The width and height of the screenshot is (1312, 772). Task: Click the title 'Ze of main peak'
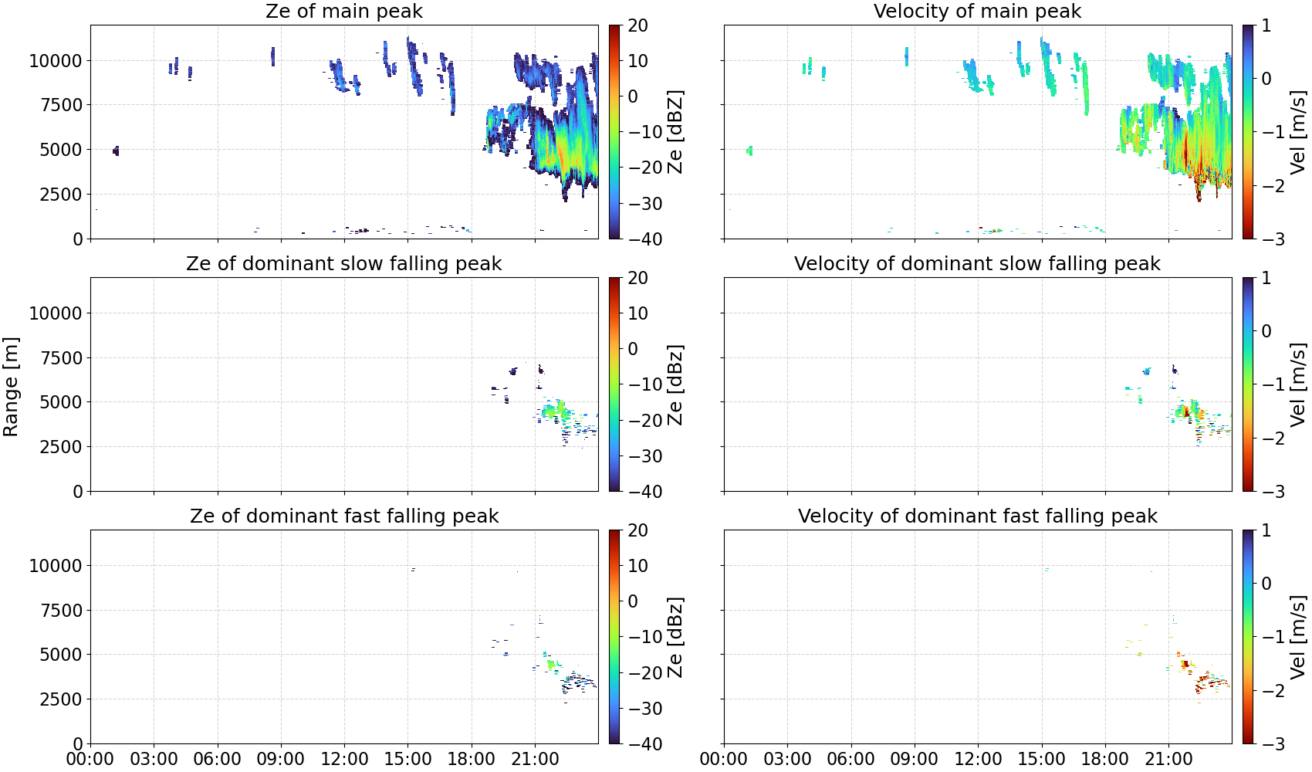pos(343,11)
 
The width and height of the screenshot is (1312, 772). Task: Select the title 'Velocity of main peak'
pos(978,11)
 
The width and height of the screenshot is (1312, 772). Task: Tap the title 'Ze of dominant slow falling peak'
pos(343,263)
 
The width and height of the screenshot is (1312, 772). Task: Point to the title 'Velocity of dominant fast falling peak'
pos(978,516)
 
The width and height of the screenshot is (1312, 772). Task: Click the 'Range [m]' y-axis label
pos(11,387)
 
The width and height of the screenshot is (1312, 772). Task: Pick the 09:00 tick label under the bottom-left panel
pos(281,759)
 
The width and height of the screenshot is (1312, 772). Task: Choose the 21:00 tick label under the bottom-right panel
pos(1168,759)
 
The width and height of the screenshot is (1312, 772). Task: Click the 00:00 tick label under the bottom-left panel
pos(90,759)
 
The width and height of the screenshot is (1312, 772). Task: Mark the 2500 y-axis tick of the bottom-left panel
pos(61,699)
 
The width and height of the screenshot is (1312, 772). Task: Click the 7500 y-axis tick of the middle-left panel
pos(61,357)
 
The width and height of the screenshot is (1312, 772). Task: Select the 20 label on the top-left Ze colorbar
pos(637,25)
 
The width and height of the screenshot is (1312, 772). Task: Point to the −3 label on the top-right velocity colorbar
pos(1266,239)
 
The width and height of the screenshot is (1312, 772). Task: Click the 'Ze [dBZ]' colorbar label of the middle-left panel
pos(675,384)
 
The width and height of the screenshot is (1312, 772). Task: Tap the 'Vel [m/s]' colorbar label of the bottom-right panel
pos(1298,637)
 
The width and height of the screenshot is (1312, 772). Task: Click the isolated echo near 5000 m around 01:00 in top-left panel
pos(116,151)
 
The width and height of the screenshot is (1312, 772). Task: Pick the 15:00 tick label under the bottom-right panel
pos(1041,759)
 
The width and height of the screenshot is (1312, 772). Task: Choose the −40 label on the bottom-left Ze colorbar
pos(643,744)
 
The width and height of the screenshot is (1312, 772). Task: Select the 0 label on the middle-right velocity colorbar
pos(1266,331)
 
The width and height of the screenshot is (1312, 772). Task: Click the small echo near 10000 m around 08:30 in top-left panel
pos(272,57)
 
